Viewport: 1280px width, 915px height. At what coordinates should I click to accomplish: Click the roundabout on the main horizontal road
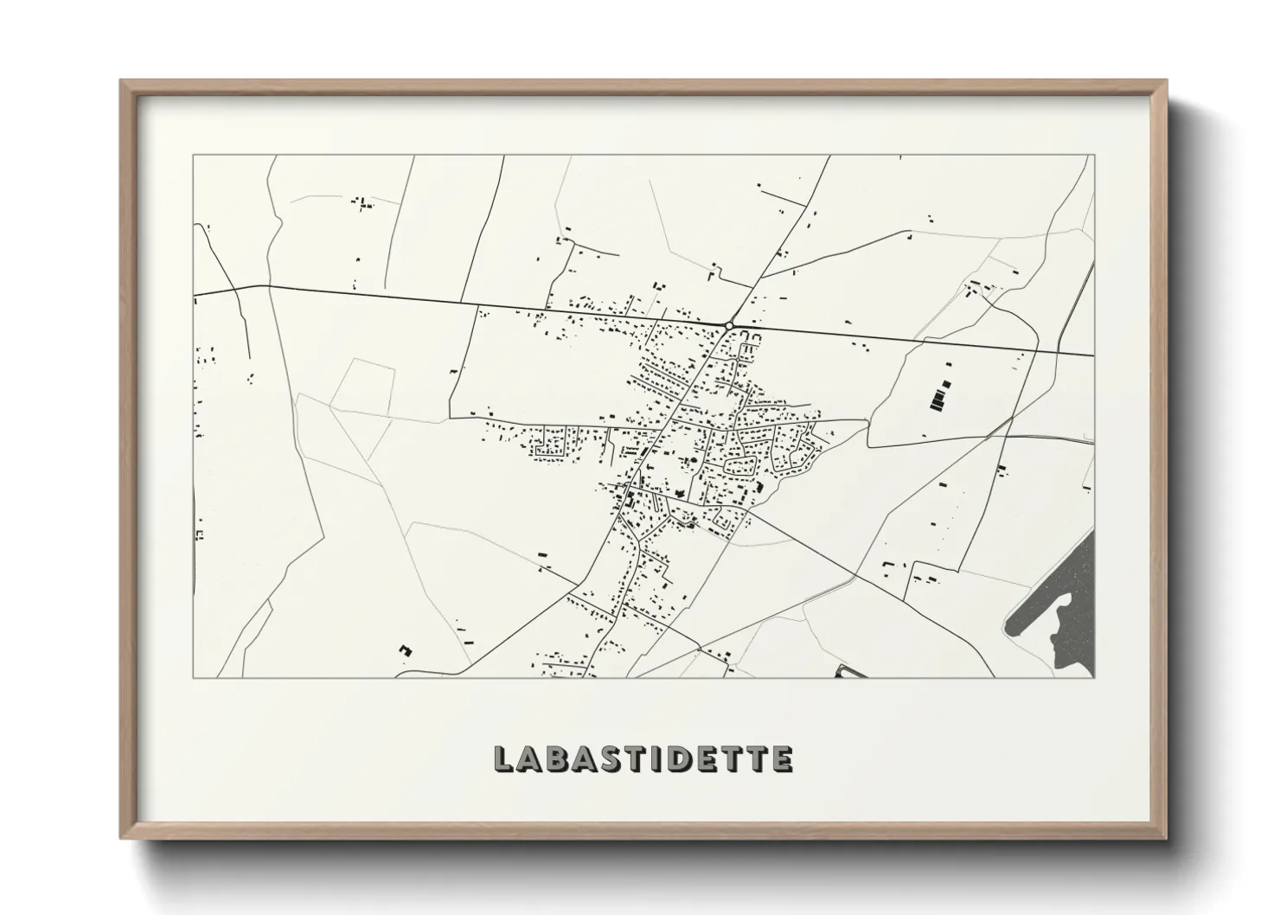(x=730, y=325)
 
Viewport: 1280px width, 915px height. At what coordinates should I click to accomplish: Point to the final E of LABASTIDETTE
(x=782, y=758)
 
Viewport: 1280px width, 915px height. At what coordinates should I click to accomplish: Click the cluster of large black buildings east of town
(x=939, y=396)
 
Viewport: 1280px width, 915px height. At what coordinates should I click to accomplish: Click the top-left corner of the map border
(x=194, y=157)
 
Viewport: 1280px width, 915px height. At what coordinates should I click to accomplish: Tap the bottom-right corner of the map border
(x=1094, y=677)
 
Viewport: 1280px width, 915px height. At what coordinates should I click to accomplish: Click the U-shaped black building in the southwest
(x=403, y=649)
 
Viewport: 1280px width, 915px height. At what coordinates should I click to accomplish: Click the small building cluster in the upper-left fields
(x=362, y=203)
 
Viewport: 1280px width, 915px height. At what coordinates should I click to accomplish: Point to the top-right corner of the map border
(x=1094, y=157)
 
